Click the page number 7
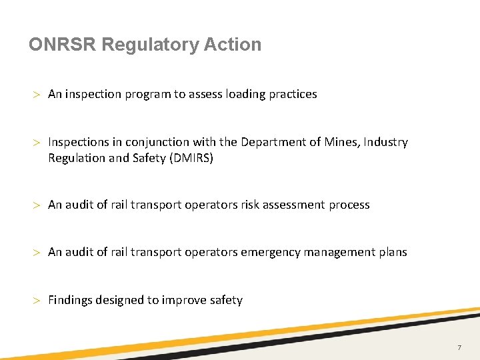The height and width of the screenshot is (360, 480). pyautogui.click(x=459, y=348)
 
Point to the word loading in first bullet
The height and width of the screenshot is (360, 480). pyautogui.click(x=245, y=94)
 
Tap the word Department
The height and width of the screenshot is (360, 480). pyautogui.click(x=271, y=142)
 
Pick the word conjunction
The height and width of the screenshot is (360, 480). pyautogui.click(x=157, y=142)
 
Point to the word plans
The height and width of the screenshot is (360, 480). pyautogui.click(x=392, y=252)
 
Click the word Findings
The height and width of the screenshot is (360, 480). pyautogui.click(x=70, y=300)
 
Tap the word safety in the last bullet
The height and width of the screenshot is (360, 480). pyautogui.click(x=226, y=300)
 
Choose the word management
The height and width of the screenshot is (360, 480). pyautogui.click(x=335, y=252)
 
